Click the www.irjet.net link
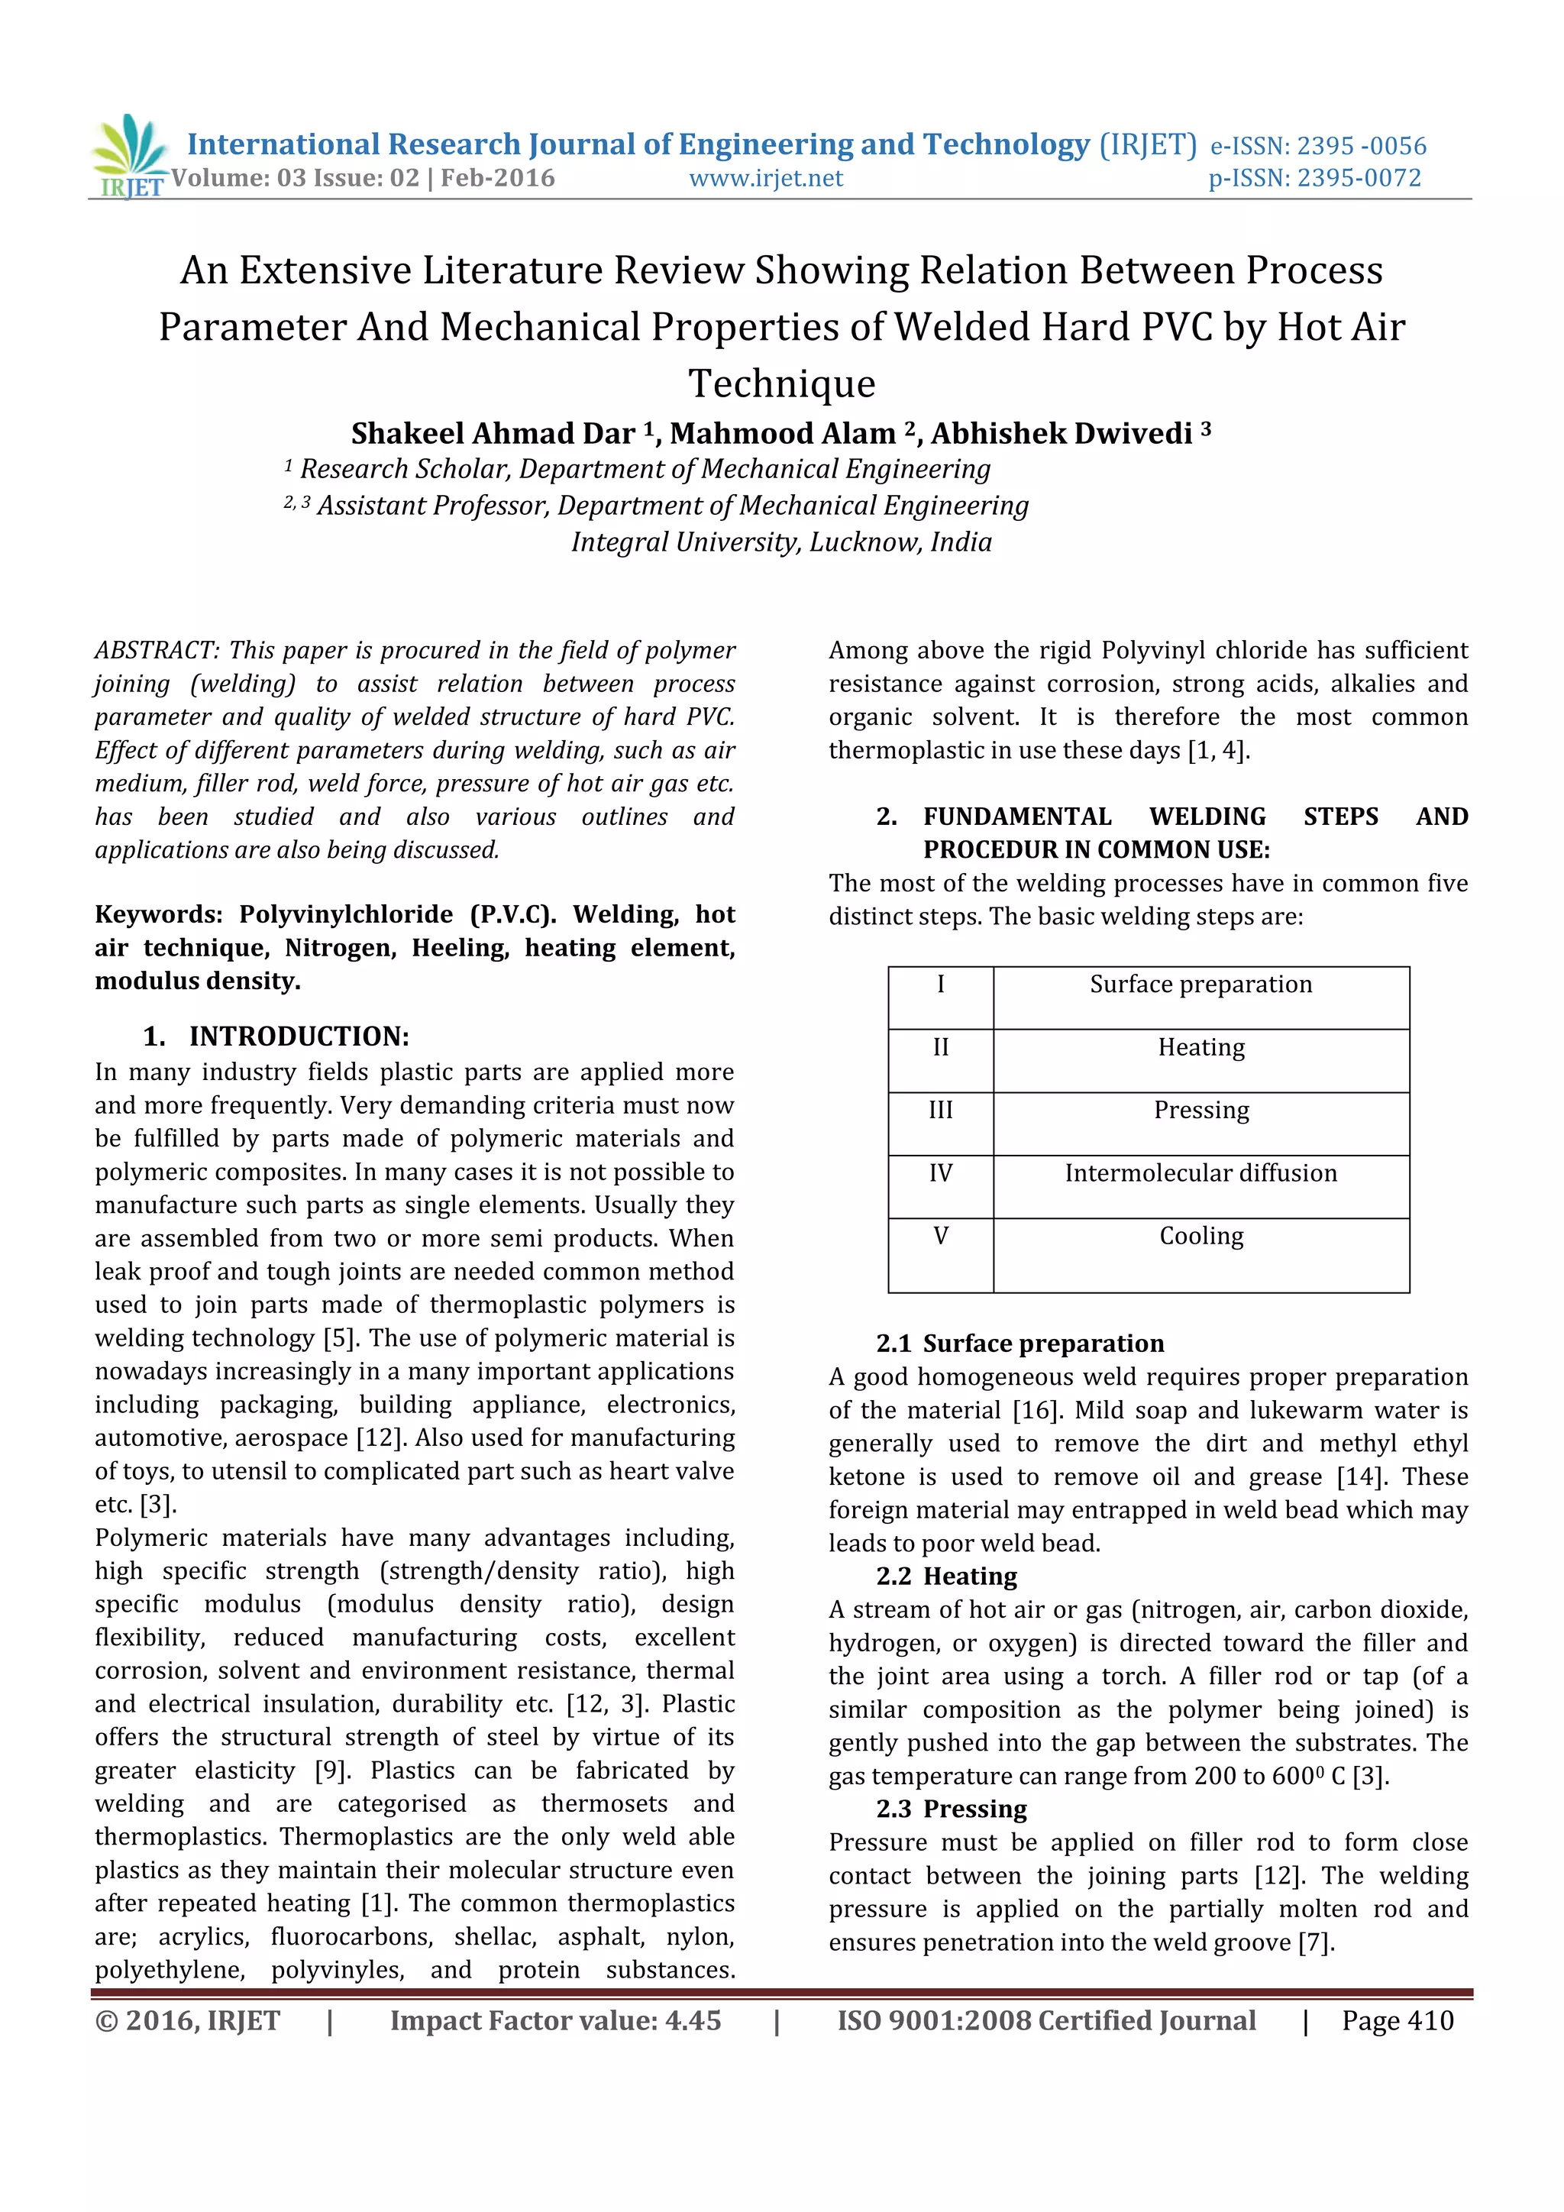[766, 178]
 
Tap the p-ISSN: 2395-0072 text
[1314, 178]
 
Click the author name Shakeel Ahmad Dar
[492, 434]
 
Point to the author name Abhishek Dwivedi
[1062, 434]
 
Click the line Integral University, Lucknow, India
[781, 542]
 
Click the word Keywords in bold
[158, 914]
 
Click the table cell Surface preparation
[1201, 985]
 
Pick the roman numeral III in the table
[941, 1110]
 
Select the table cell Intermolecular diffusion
[1201, 1173]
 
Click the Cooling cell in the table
[1201, 1236]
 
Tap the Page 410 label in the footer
[1398, 2021]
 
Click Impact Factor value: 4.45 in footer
[556, 2021]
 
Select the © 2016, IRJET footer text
[188, 2021]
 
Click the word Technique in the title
[782, 383]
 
